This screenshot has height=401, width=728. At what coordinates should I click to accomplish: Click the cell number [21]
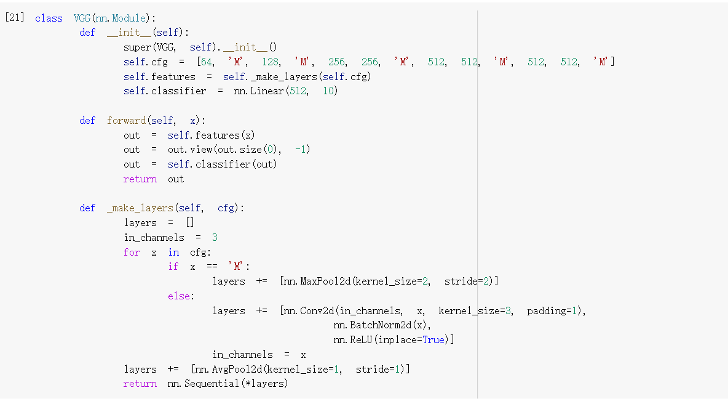click(x=15, y=17)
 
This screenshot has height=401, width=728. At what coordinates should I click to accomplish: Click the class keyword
click(x=49, y=18)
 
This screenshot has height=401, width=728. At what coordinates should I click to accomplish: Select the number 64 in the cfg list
click(x=208, y=62)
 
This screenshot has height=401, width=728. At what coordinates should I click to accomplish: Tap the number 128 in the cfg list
click(x=271, y=62)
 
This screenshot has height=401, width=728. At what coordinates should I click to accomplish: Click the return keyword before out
click(x=140, y=179)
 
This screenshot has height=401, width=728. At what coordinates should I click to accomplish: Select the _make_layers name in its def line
click(x=140, y=208)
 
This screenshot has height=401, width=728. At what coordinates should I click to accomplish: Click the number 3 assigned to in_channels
click(x=215, y=238)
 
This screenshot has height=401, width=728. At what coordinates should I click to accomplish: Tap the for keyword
click(x=132, y=253)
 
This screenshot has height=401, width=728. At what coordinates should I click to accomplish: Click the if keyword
click(x=173, y=267)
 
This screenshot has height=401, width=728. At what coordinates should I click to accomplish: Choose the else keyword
click(x=179, y=296)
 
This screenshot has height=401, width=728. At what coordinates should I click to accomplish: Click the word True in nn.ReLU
click(x=433, y=340)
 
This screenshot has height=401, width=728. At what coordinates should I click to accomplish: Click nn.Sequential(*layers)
click(x=228, y=384)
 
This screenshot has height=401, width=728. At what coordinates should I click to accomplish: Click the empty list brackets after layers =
click(x=189, y=223)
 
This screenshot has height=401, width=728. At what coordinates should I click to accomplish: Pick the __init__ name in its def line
click(x=129, y=33)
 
